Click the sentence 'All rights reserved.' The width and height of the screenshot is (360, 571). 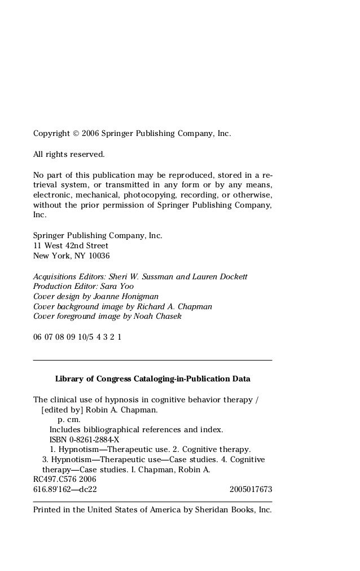[69, 154]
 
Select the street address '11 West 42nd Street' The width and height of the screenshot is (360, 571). [71, 246]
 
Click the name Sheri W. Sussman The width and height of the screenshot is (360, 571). [143, 276]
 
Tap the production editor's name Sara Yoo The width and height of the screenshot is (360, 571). [115, 287]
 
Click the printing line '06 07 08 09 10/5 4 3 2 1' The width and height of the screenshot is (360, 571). [77, 337]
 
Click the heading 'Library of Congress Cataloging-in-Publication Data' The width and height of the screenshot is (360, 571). [152, 378]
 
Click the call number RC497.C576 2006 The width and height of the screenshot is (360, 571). [65, 480]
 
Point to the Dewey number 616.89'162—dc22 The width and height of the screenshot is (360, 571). [65, 490]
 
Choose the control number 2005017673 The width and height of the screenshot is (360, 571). [251, 490]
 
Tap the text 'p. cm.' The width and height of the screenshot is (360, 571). [69, 420]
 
